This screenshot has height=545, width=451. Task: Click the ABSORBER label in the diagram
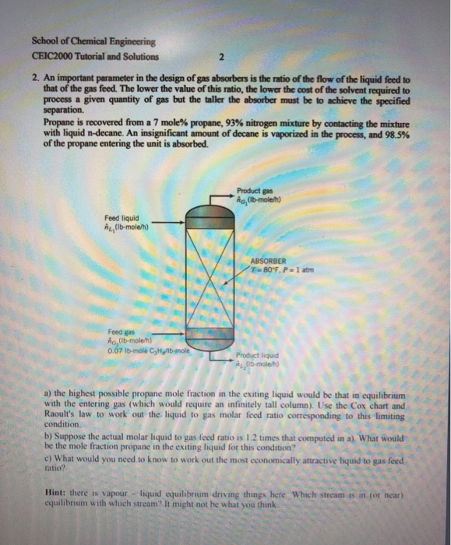pyautogui.click(x=270, y=261)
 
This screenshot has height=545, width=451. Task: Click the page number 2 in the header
pyautogui.click(x=221, y=57)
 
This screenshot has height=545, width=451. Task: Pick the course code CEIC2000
pyautogui.click(x=51, y=57)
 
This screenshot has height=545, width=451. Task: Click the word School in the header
pyautogui.click(x=48, y=41)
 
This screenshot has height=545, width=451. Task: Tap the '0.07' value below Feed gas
pyautogui.click(x=115, y=347)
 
